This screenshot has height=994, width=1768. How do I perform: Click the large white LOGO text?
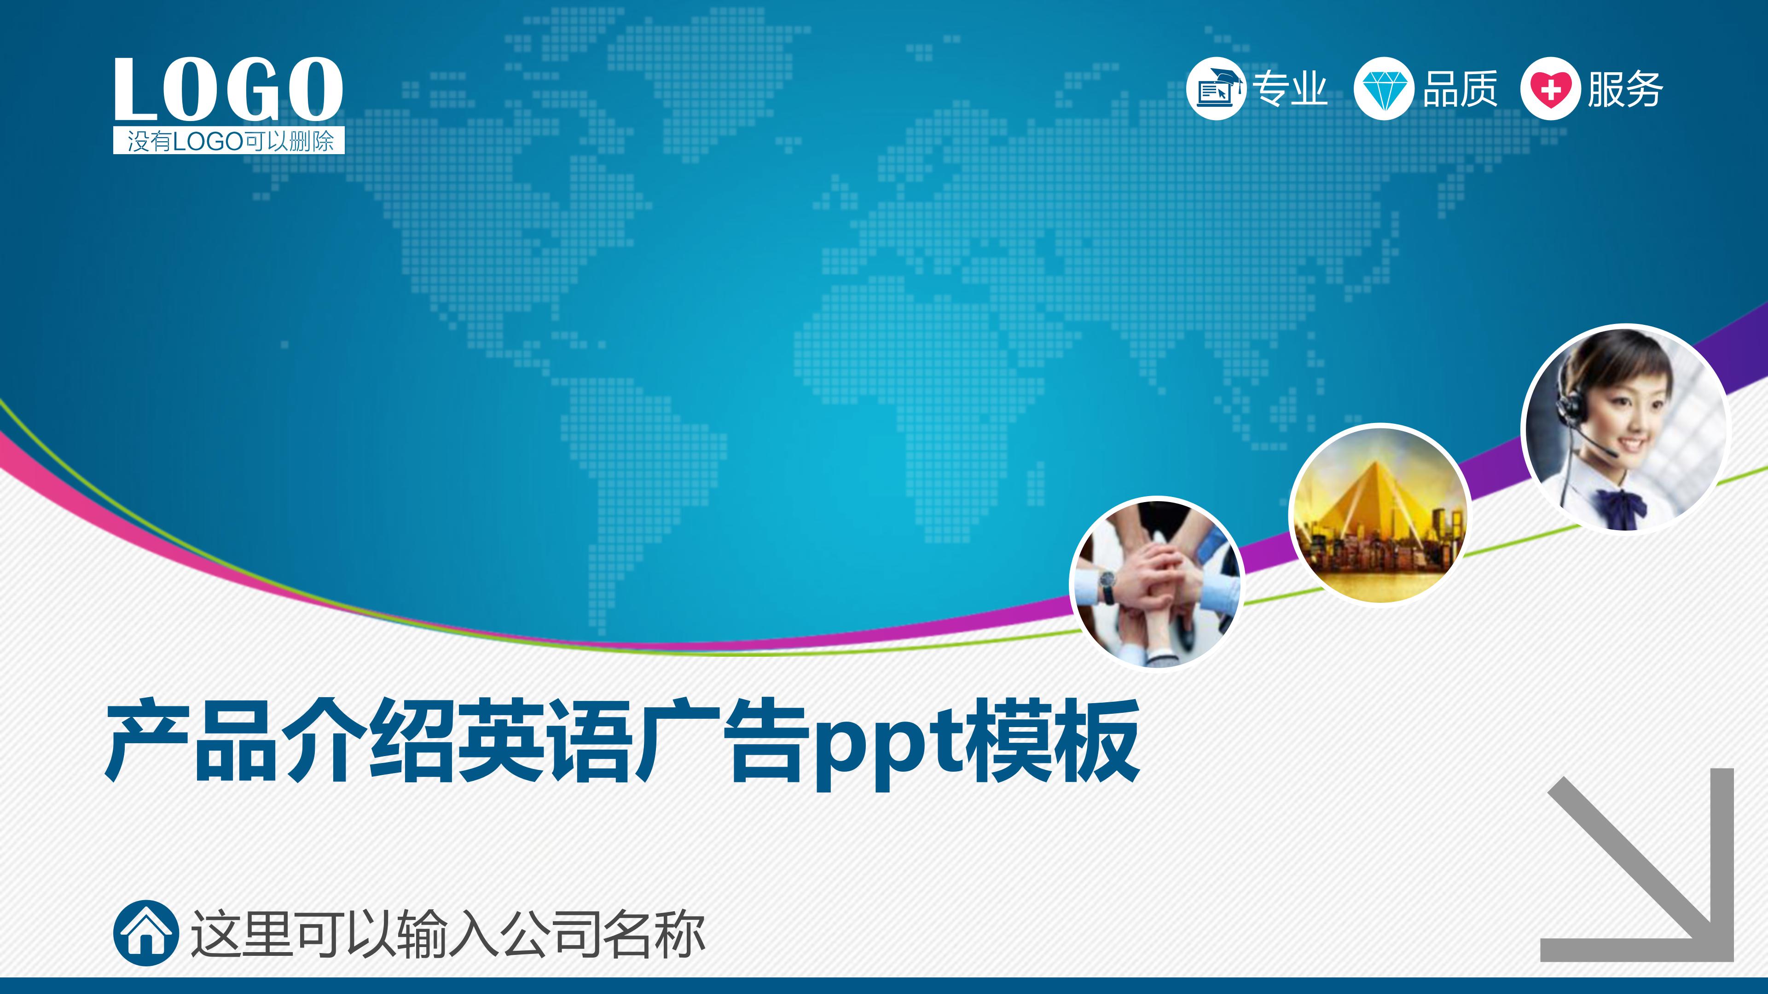(228, 89)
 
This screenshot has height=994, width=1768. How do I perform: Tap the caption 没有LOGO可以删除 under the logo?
(229, 141)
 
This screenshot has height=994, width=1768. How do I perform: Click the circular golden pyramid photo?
(1380, 513)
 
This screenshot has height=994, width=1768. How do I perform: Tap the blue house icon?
(145, 933)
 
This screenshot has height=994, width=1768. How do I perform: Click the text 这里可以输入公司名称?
(447, 933)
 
